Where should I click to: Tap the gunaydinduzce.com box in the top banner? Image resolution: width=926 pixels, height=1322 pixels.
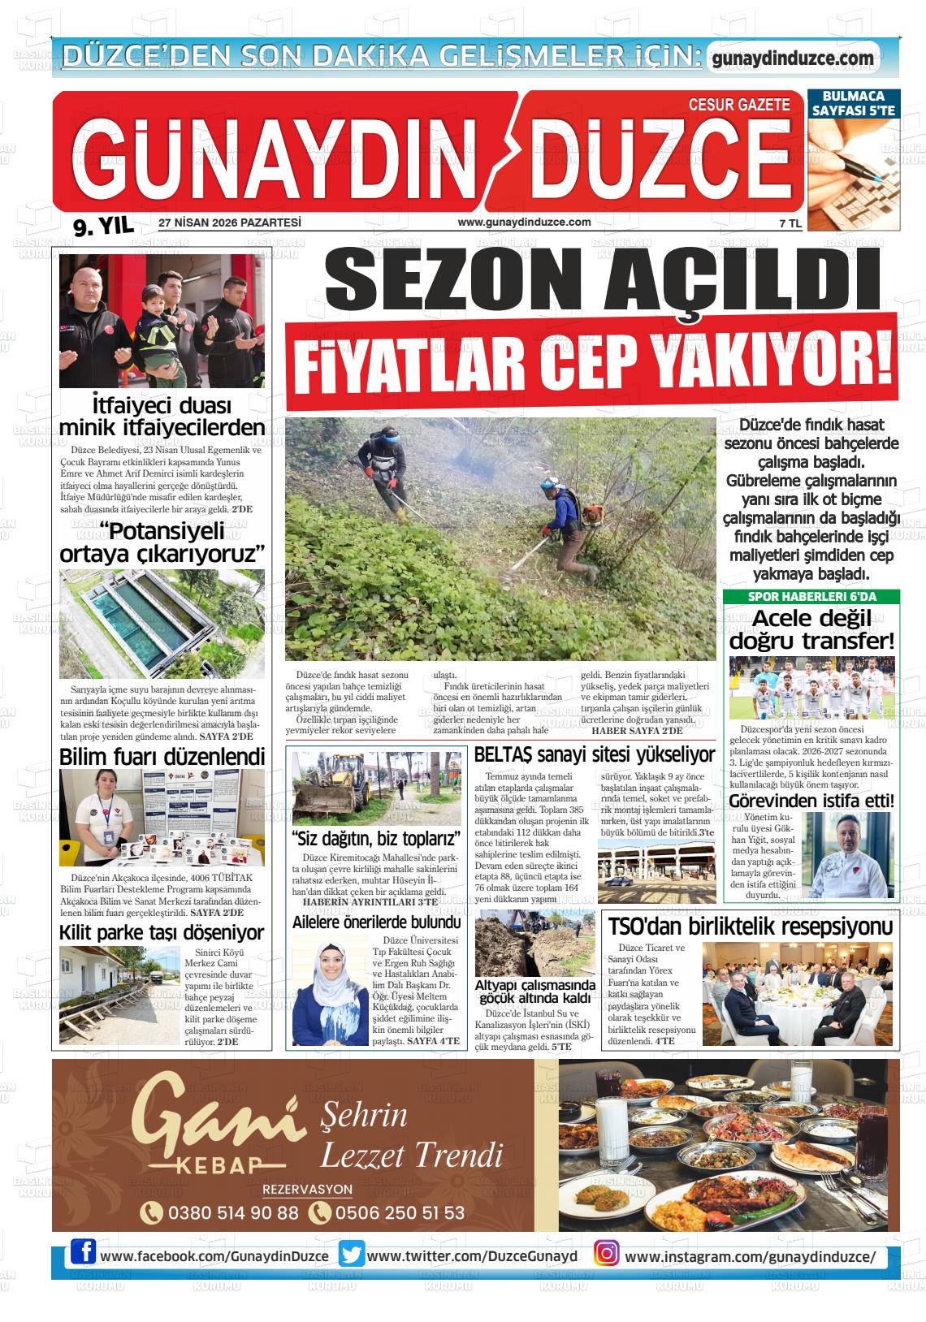(793, 58)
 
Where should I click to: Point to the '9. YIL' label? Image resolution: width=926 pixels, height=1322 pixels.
(102, 227)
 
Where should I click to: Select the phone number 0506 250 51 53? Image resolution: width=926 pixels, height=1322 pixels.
(397, 1212)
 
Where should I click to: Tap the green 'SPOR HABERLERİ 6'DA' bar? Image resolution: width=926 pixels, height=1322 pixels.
(811, 597)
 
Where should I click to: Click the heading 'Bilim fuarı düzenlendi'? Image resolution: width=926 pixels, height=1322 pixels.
(162, 757)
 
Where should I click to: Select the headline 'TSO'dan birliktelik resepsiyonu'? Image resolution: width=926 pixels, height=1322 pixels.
(751, 927)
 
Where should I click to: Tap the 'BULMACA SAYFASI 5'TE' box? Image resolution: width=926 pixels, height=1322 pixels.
(853, 104)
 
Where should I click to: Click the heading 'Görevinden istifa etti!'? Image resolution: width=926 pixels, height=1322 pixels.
(811, 801)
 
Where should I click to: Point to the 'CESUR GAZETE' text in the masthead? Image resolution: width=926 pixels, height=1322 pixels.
(738, 104)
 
